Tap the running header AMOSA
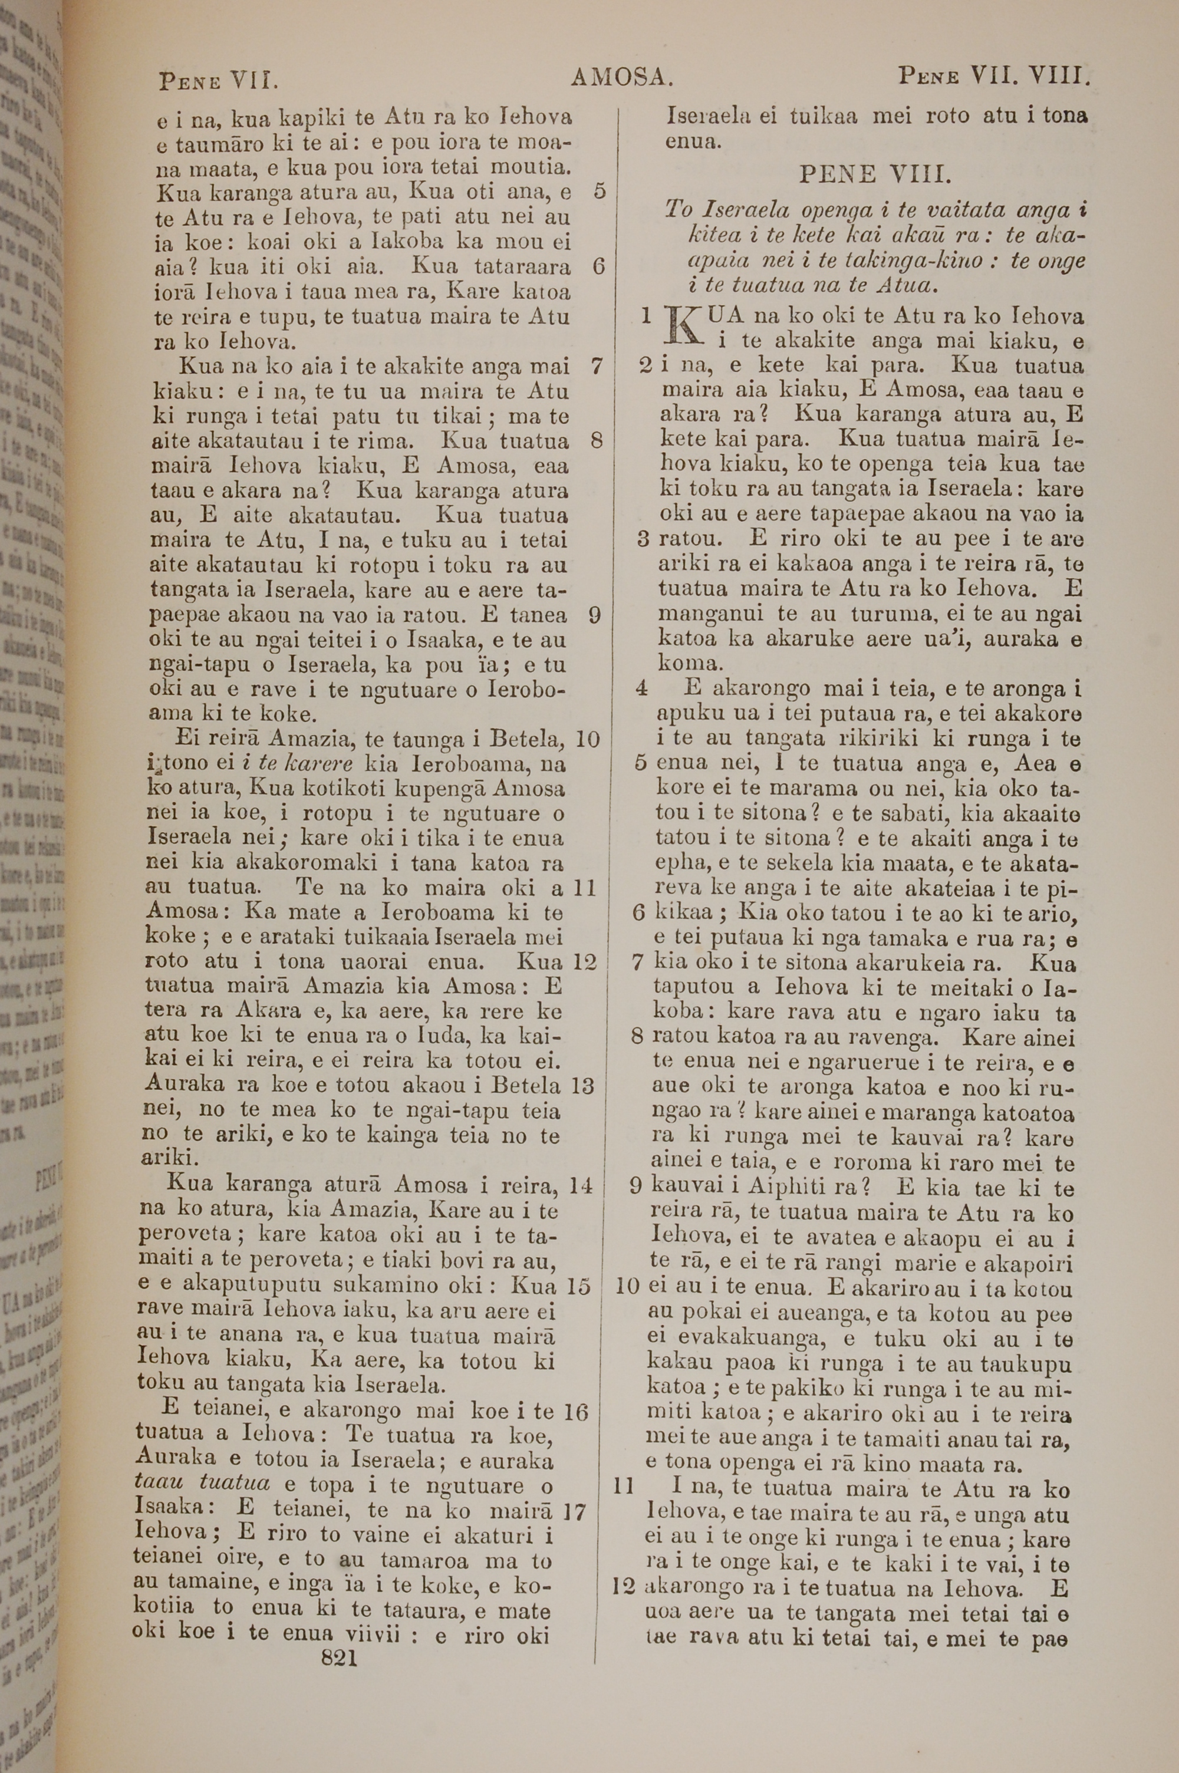click(621, 77)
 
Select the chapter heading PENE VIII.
click(875, 175)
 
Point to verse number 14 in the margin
click(581, 1185)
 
